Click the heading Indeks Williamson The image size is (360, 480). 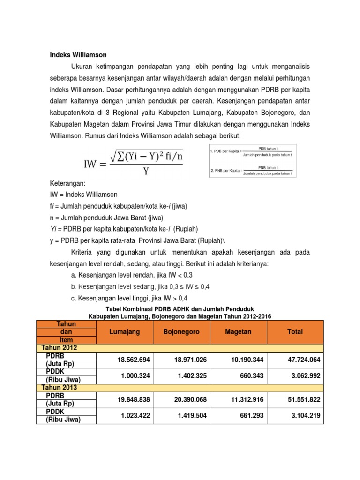[78, 55]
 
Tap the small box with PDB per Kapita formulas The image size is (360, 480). [252, 160]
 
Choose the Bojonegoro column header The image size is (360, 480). [181, 331]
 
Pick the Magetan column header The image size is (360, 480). [238, 331]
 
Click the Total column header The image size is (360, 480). [295, 331]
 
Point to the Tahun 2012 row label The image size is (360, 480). [60, 348]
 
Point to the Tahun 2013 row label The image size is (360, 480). [60, 388]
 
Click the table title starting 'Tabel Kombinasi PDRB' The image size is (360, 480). [180, 310]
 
